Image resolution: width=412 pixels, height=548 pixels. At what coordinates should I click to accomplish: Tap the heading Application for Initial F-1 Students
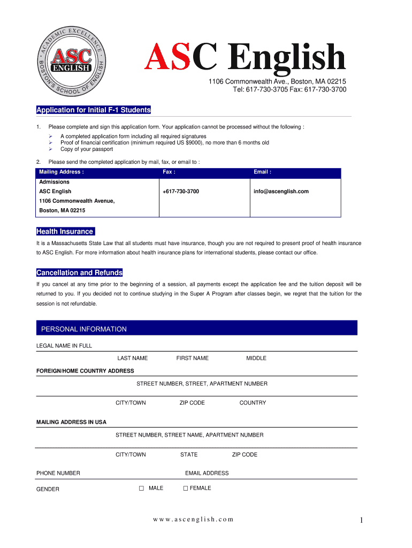point(94,110)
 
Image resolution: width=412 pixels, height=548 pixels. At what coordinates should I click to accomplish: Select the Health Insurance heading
point(65,232)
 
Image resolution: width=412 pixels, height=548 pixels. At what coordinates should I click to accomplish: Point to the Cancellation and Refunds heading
point(79,273)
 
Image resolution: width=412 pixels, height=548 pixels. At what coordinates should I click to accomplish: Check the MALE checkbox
point(142,489)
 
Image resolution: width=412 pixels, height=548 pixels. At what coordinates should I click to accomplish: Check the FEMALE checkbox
point(186,489)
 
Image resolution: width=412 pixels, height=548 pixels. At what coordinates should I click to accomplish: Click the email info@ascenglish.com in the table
point(281,191)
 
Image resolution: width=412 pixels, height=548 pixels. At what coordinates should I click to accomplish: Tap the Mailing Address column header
point(62,172)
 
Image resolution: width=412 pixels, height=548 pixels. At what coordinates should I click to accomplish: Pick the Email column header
point(262,172)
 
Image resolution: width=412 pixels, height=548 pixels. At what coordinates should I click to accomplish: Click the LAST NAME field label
point(133,358)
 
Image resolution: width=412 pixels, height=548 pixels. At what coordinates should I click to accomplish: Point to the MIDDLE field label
point(256,358)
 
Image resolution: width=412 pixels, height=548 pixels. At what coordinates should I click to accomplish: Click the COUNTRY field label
point(253,403)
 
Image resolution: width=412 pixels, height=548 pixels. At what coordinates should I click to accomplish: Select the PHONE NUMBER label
point(58,473)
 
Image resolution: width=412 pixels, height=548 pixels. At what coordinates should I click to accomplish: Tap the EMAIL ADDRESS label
point(207,473)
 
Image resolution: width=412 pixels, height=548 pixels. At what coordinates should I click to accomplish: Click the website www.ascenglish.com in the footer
point(193,520)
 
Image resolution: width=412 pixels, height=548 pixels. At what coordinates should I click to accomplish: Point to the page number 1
point(362,520)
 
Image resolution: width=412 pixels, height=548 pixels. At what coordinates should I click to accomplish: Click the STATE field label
point(189,454)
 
